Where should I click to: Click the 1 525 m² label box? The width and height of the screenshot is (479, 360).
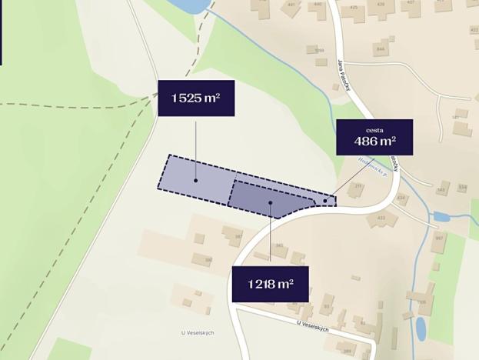(x=196, y=98)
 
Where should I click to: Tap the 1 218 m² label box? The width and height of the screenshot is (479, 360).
(x=271, y=285)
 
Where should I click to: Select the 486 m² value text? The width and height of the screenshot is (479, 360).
(x=374, y=141)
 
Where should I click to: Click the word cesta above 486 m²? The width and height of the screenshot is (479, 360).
(x=374, y=129)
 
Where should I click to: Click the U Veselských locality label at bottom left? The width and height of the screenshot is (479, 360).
(x=198, y=332)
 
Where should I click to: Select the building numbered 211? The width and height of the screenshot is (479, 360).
(x=358, y=186)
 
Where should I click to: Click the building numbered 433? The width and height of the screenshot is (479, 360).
(x=381, y=217)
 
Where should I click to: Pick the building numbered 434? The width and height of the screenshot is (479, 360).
(x=401, y=198)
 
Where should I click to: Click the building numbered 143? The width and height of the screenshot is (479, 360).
(x=441, y=189)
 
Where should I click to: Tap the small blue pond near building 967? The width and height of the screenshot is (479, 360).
(x=441, y=217)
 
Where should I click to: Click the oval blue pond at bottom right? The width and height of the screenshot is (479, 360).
(x=421, y=328)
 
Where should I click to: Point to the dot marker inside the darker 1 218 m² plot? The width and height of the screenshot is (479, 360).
(x=271, y=202)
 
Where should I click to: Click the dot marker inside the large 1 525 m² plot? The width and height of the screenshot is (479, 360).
(x=196, y=181)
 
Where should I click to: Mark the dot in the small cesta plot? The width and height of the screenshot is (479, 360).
(x=325, y=202)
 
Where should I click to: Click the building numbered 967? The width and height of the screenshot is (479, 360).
(x=438, y=238)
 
